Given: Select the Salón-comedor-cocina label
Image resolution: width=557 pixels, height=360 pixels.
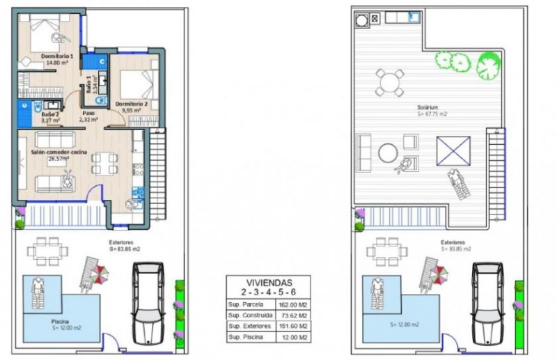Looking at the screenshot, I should [57, 153].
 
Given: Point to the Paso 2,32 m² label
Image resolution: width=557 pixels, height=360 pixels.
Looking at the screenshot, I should [89, 116].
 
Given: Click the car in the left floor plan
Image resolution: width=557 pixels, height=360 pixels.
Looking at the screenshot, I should [148, 301].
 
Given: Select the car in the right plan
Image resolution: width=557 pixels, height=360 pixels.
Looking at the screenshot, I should [487, 301].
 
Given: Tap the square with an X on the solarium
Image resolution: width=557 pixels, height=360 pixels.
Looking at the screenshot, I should [453, 151].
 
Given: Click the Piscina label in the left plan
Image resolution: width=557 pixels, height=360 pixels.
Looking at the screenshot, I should [60, 322].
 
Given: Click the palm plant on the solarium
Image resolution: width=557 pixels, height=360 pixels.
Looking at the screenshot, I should [489, 66].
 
